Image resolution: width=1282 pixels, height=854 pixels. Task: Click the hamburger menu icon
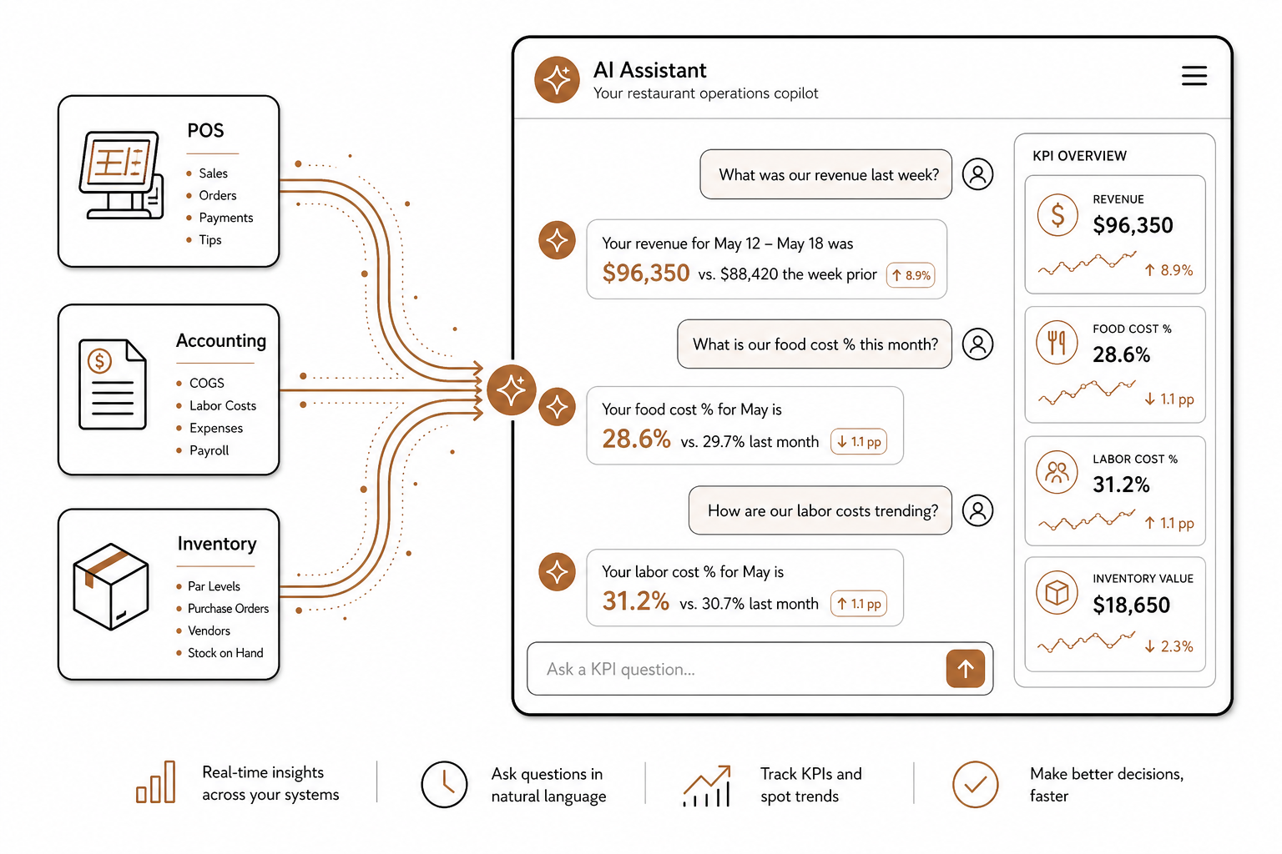pyautogui.click(x=1194, y=76)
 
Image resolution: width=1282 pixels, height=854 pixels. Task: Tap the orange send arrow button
pyautogui.click(x=965, y=668)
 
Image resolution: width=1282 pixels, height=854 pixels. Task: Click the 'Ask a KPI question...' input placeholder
pyautogui.click(x=620, y=669)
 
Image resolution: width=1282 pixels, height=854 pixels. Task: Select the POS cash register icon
pyautogui.click(x=121, y=174)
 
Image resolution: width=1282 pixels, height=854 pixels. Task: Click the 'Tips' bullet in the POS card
pyautogui.click(x=210, y=239)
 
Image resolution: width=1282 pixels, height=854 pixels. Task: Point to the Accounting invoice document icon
pyautogui.click(x=113, y=384)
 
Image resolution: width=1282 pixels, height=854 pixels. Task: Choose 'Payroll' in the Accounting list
pyautogui.click(x=209, y=450)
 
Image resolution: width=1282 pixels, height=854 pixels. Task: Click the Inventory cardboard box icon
pyautogui.click(x=111, y=586)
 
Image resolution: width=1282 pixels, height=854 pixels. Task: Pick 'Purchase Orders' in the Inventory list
pyautogui.click(x=228, y=608)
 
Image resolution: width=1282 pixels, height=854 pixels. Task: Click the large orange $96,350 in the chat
pyautogui.click(x=645, y=273)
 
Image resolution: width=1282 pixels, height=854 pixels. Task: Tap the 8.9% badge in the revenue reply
pyautogui.click(x=911, y=275)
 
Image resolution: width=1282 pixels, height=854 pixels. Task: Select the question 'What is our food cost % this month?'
pyautogui.click(x=815, y=344)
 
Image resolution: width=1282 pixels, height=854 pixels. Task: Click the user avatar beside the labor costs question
pyautogui.click(x=977, y=510)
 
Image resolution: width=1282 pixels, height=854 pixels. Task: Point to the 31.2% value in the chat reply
pyautogui.click(x=635, y=601)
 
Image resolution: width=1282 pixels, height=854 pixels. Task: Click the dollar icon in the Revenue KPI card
pyautogui.click(x=1057, y=215)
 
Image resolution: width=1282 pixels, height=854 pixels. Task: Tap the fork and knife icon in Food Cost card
pyautogui.click(x=1057, y=343)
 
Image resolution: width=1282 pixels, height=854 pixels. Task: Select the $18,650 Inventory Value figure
pyautogui.click(x=1131, y=605)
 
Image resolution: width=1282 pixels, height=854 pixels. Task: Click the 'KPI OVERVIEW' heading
pyautogui.click(x=1079, y=156)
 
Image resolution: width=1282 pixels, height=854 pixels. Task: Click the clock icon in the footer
pyautogui.click(x=444, y=784)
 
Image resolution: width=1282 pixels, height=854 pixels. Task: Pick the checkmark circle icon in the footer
pyautogui.click(x=975, y=784)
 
